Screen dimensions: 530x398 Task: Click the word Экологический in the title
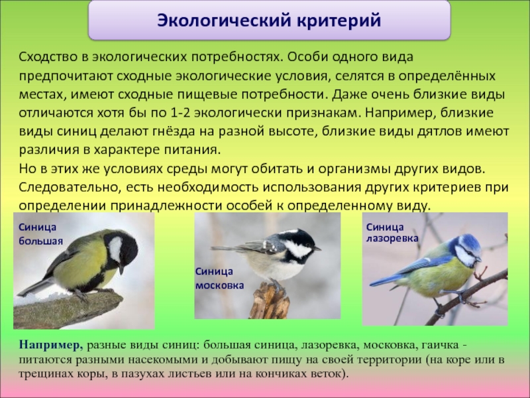(224, 21)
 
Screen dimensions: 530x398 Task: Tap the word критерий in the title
(339, 21)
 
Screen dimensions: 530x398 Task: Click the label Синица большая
(40, 234)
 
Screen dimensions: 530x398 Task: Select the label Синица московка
(219, 278)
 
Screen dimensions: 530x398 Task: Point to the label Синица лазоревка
(392, 233)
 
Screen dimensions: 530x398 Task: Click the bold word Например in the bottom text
(51, 345)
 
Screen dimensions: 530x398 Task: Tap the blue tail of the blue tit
(384, 280)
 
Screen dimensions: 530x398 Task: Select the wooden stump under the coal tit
(270, 301)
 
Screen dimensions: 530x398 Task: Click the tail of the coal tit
(230, 248)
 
